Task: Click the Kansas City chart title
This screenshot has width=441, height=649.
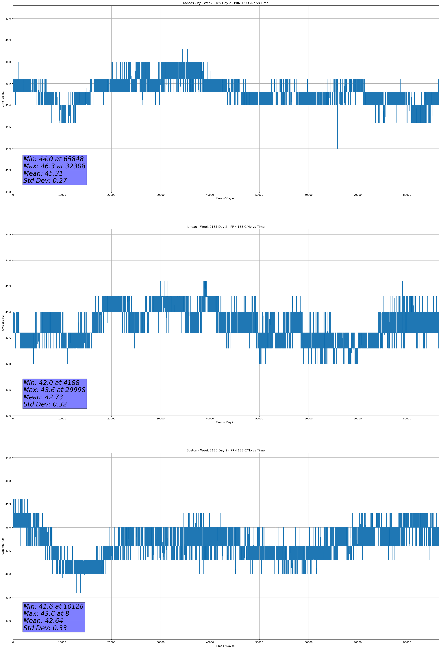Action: [x=225, y=3]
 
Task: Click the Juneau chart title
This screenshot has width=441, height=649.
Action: [x=225, y=227]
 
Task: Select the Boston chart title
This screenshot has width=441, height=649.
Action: [x=225, y=451]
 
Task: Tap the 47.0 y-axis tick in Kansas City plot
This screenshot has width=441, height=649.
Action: [x=8, y=19]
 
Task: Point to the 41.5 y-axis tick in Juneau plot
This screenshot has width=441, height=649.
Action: [x=8, y=390]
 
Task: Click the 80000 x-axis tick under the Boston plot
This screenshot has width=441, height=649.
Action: [x=407, y=642]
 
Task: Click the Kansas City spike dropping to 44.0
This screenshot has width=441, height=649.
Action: [x=337, y=140]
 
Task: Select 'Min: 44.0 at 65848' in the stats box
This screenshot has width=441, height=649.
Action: [x=53, y=159]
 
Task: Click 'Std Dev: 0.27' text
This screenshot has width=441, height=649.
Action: [x=45, y=181]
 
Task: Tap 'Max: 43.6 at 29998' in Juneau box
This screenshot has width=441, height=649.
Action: [x=54, y=390]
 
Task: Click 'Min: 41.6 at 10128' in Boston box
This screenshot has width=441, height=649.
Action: [x=53, y=606]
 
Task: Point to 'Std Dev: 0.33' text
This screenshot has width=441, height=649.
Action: [x=45, y=628]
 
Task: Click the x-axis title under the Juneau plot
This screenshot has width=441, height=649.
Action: [x=225, y=422]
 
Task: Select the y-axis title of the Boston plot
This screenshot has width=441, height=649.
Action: [x=3, y=546]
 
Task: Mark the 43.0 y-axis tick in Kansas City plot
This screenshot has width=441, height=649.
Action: [x=8, y=192]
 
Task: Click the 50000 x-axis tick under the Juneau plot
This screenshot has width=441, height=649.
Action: [x=259, y=419]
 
